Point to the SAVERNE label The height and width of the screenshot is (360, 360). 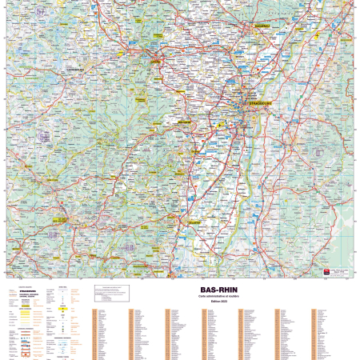pyautogui.click(x=155, y=60)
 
